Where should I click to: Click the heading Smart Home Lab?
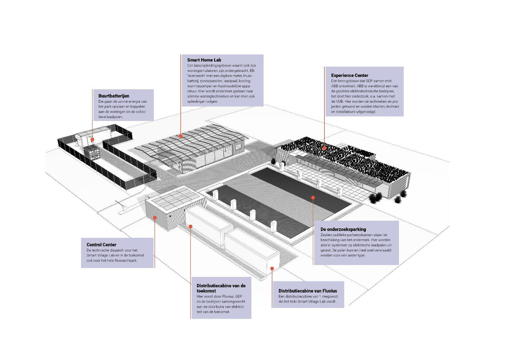(x=204, y=60)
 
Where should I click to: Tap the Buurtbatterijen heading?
(x=114, y=96)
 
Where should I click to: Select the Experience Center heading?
(x=350, y=75)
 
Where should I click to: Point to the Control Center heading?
(x=101, y=245)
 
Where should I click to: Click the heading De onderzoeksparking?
(x=343, y=229)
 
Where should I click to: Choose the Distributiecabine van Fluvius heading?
(x=308, y=291)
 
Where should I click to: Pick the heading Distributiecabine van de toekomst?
(x=221, y=288)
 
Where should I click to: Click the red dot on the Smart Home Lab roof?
(x=181, y=136)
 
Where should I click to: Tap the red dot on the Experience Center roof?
(x=324, y=148)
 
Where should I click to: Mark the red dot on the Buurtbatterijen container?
(x=92, y=139)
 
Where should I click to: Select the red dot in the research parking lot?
(x=313, y=197)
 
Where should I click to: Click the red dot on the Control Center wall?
(x=155, y=218)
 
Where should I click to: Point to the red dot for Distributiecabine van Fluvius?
(x=272, y=268)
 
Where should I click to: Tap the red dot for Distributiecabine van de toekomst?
(x=191, y=226)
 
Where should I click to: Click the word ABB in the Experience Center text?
(x=335, y=86)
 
